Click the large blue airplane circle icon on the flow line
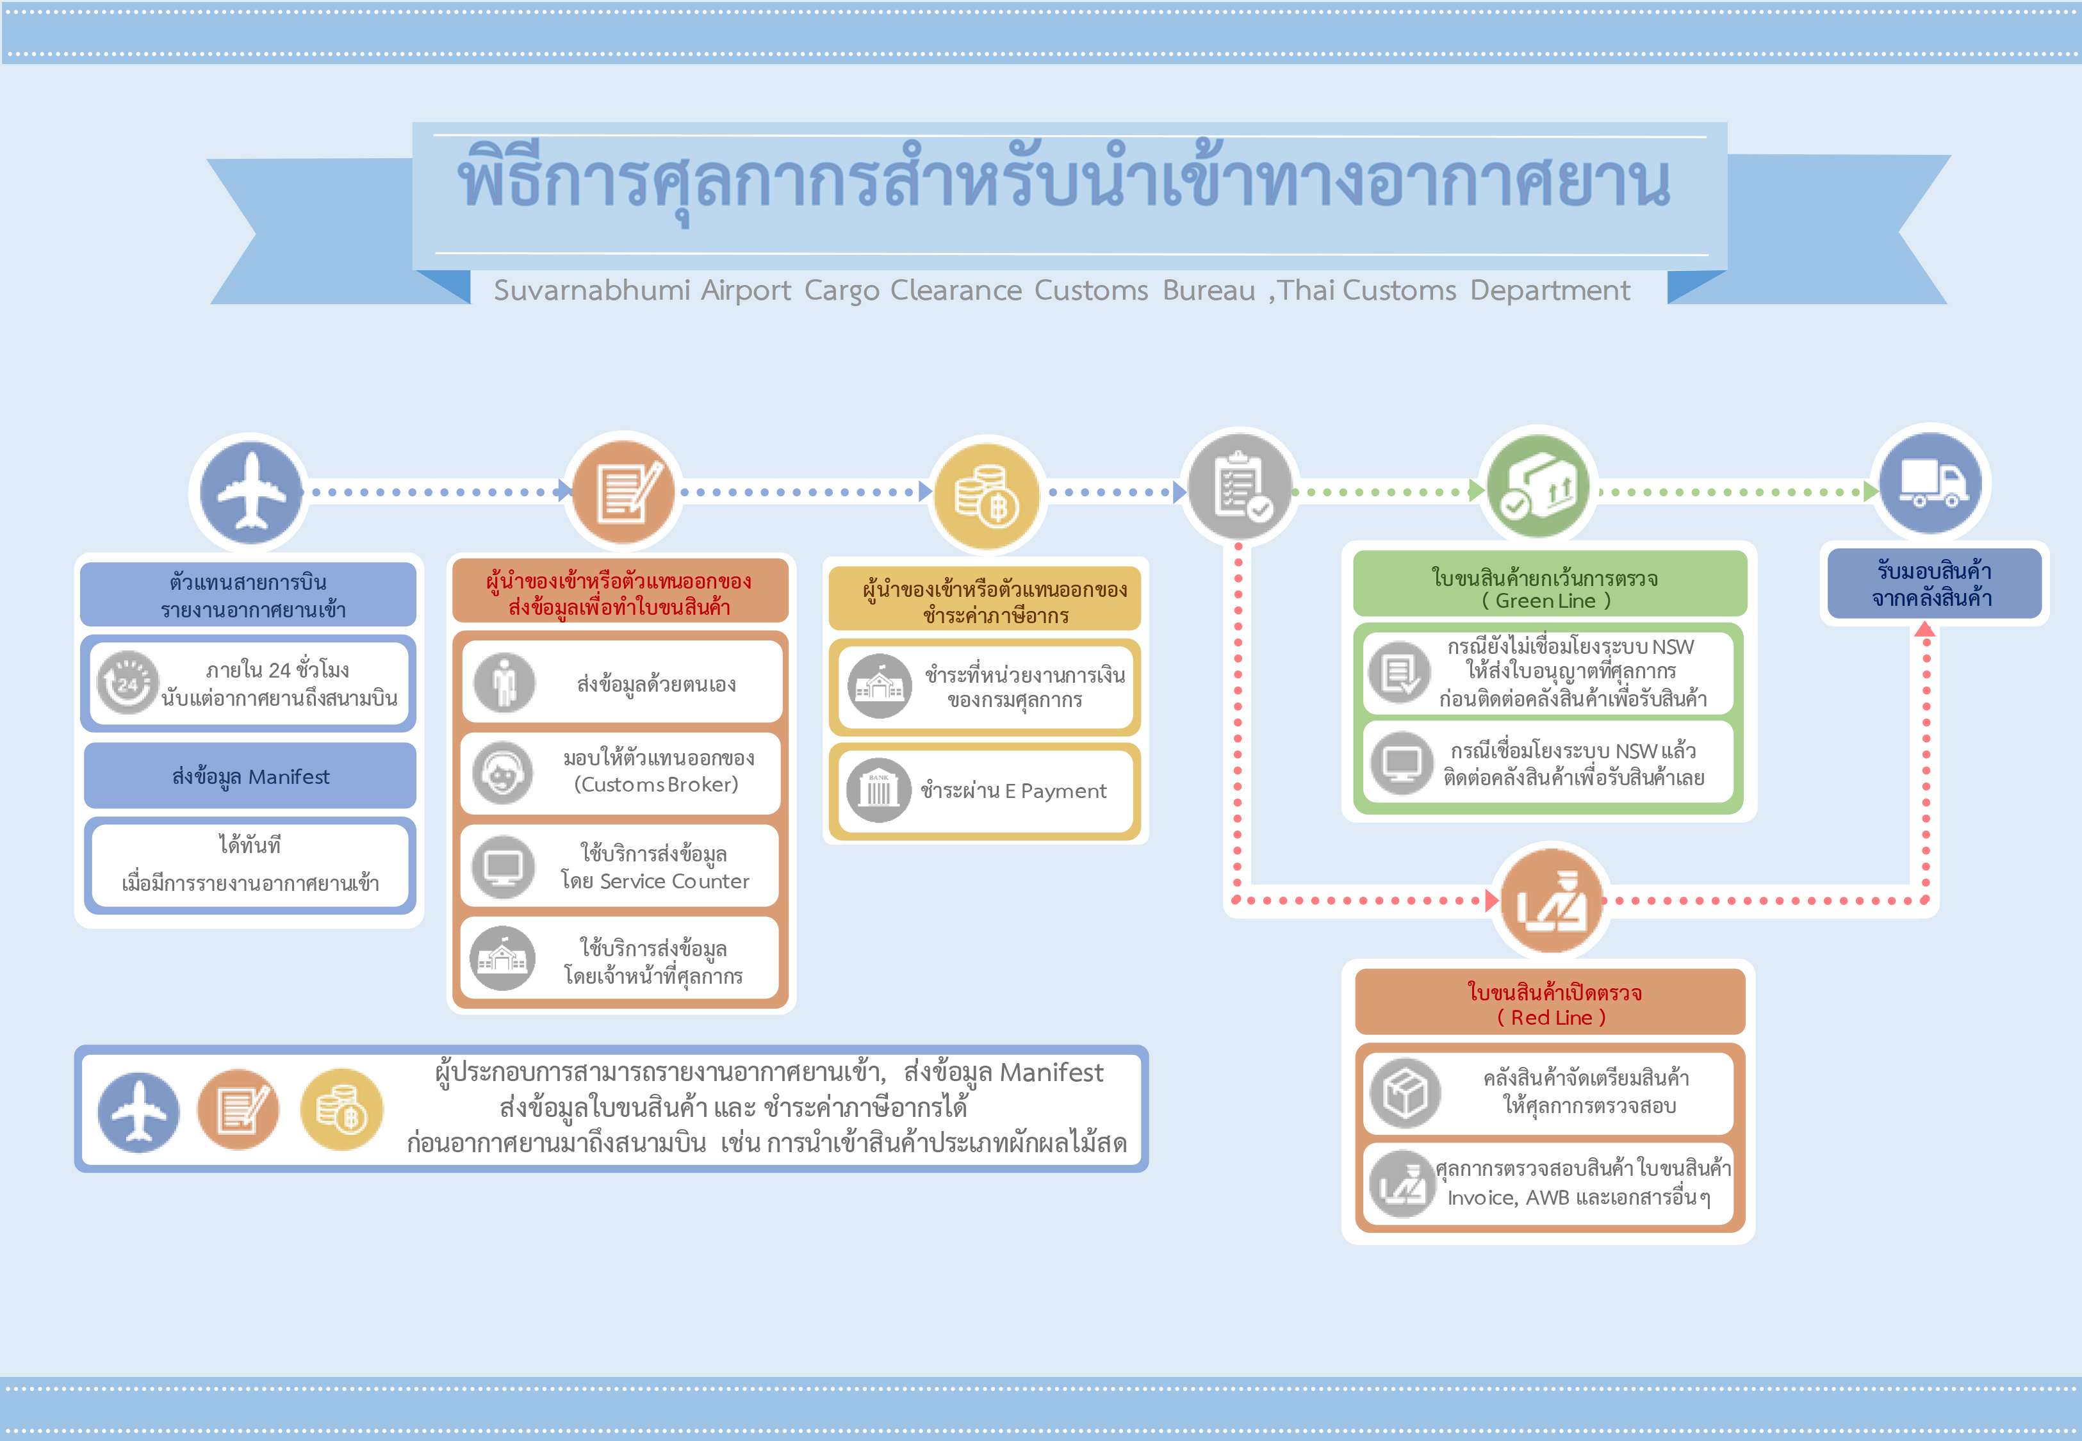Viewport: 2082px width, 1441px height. tap(251, 492)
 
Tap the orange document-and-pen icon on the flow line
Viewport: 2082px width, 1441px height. tap(623, 492)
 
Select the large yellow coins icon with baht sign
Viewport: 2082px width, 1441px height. tap(987, 495)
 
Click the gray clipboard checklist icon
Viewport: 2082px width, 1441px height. tap(1239, 487)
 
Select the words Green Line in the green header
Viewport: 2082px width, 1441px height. tap(1546, 601)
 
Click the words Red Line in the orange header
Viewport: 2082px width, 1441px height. tap(1551, 1018)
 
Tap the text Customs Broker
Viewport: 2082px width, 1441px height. tap(657, 785)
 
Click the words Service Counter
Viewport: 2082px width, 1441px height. tap(675, 881)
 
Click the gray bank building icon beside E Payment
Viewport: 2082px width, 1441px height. tap(878, 791)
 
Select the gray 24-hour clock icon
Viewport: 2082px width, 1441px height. tap(128, 683)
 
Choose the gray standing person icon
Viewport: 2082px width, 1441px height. tap(504, 683)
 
